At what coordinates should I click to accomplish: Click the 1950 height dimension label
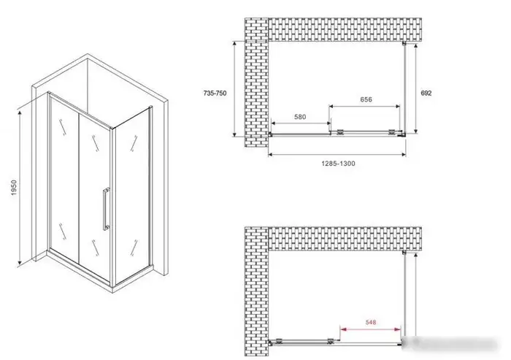[x=14, y=187]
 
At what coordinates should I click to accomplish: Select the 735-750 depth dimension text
[x=215, y=93]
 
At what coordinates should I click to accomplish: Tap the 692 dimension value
[x=426, y=93]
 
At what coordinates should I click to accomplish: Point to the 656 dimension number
[x=366, y=99]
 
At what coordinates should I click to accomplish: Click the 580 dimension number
[x=300, y=117]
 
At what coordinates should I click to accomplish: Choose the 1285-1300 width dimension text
[x=338, y=164]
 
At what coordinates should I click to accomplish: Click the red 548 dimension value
[x=371, y=322]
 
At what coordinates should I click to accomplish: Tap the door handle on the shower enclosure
[x=107, y=209]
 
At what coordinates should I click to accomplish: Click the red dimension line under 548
[x=371, y=329]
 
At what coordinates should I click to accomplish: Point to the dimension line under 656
[x=364, y=106]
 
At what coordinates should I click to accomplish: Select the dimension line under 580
[x=301, y=123]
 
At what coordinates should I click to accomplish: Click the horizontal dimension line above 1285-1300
[x=337, y=154]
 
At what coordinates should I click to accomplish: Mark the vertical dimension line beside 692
[x=416, y=88]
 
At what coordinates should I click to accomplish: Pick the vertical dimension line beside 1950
[x=20, y=188]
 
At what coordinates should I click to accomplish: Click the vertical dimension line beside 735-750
[x=234, y=89]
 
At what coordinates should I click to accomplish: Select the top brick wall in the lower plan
[x=345, y=239]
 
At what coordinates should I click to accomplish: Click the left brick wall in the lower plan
[x=256, y=291]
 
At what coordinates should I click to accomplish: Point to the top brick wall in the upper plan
[x=345, y=30]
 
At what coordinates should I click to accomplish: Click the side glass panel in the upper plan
[x=404, y=88]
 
